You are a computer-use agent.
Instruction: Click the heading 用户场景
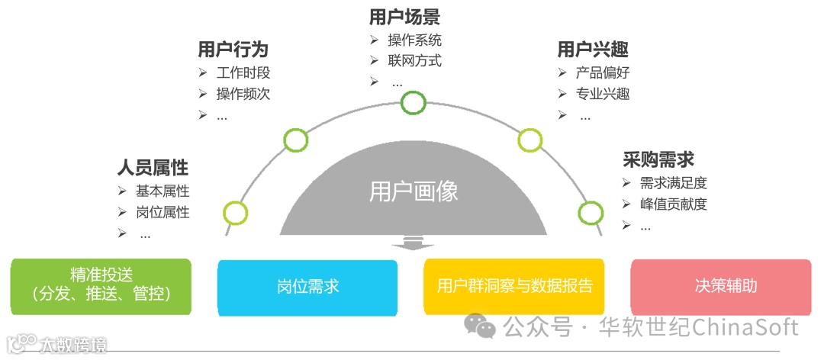(404, 17)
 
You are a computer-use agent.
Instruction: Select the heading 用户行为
(233, 50)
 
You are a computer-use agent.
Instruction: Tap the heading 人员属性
(153, 167)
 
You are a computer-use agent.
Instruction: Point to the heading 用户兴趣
(593, 50)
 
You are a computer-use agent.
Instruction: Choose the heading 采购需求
(658, 159)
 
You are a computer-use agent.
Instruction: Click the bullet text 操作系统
(414, 40)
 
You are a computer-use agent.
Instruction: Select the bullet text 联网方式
(414, 60)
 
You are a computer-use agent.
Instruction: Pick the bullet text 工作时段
(243, 73)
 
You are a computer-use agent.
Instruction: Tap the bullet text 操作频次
(243, 94)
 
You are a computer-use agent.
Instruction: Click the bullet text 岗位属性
(163, 212)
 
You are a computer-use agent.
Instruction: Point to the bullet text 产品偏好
(603, 73)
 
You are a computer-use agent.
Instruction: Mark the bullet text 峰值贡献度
(674, 204)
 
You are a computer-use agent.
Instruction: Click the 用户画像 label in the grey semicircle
(414, 191)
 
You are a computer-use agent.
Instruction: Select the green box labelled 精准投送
(101, 287)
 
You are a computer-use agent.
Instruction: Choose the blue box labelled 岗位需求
(307, 287)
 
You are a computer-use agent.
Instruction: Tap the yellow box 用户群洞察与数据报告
(514, 287)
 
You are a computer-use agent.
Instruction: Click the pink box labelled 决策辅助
(721, 287)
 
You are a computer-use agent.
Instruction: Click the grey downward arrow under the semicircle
(413, 243)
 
